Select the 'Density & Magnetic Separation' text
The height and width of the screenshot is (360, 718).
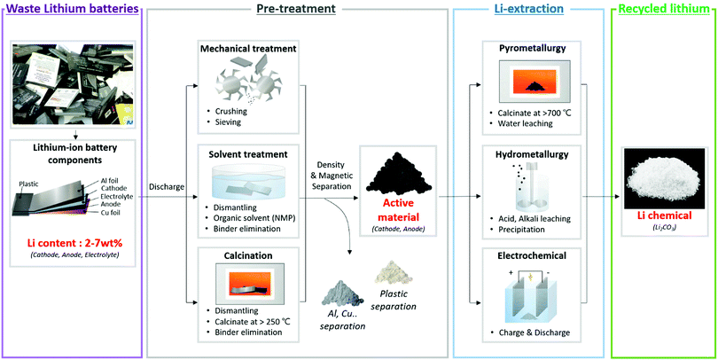tap(330, 170)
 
